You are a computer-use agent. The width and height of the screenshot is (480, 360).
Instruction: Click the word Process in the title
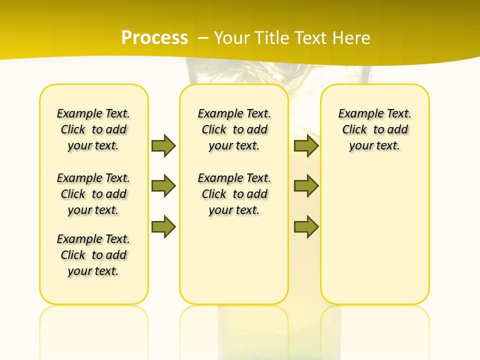coord(154,38)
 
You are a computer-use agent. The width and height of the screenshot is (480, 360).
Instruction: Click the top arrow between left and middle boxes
coord(163,145)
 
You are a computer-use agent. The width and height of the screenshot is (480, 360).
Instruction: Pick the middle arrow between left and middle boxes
coord(163,186)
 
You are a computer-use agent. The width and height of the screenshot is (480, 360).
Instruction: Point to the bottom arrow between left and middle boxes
coord(163,226)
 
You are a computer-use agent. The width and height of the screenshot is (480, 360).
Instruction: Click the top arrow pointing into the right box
coord(306,145)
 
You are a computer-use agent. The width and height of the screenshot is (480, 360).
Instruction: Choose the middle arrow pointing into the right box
coord(306,186)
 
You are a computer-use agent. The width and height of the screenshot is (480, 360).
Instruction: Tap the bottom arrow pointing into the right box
coord(306,226)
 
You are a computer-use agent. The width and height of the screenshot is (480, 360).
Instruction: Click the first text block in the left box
coord(93,129)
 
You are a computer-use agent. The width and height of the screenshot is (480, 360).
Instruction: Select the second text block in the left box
coord(93,194)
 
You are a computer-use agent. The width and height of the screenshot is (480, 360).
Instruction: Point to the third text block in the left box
coord(93,255)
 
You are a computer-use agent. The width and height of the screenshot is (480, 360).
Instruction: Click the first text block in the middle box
coord(234,129)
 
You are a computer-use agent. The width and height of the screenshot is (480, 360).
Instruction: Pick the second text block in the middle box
coord(234,194)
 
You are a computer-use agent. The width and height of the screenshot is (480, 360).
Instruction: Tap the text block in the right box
coord(374,129)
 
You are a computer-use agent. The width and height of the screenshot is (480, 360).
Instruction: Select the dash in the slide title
coord(203,38)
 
